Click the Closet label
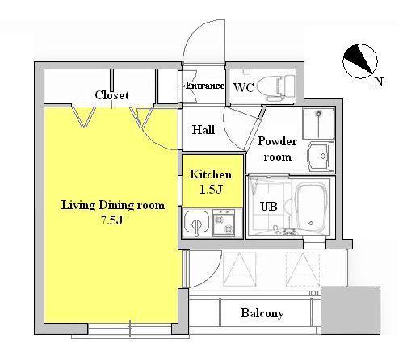coord(111,95)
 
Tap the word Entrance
coord(205,86)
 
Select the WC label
coord(243,87)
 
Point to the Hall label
coord(203,130)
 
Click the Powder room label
coord(277,149)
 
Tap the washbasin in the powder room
coord(321,157)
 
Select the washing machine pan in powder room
coord(318,123)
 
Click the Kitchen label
coord(211,174)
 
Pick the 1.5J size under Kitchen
coord(211,190)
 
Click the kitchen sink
coord(196,223)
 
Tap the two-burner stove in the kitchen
coord(224,223)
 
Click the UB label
coord(269,207)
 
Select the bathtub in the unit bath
coord(312,207)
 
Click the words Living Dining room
coord(113,205)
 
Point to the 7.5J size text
coord(111,220)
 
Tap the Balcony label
coord(262,313)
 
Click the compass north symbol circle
coord(359,61)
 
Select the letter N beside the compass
coord(379,82)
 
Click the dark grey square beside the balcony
coord(350,311)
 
